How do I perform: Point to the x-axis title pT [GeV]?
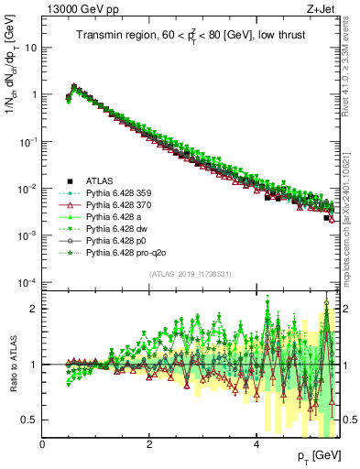[x=316, y=455]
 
